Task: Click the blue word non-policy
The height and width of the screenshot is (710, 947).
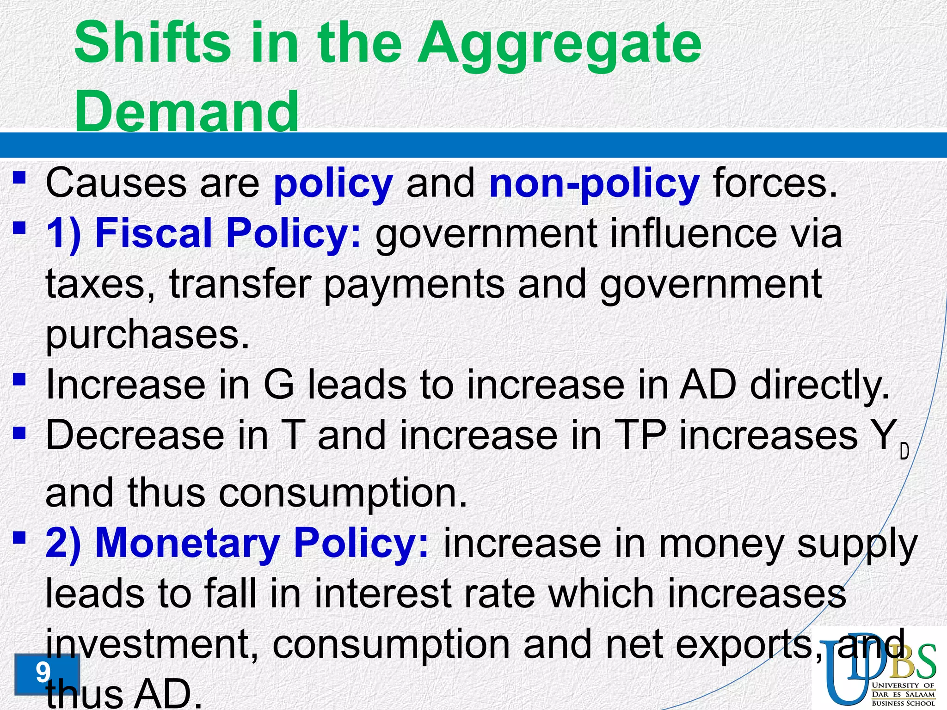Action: tap(594, 184)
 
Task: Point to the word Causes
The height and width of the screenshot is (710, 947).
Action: tap(116, 183)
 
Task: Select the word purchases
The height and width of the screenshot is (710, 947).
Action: tap(147, 335)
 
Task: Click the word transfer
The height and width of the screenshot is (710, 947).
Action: tap(240, 284)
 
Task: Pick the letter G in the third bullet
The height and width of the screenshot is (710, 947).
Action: tap(278, 386)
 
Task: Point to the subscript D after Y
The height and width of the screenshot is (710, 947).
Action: tap(904, 451)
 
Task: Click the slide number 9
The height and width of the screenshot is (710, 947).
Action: tap(43, 673)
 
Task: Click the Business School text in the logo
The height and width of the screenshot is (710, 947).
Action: tap(903, 703)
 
